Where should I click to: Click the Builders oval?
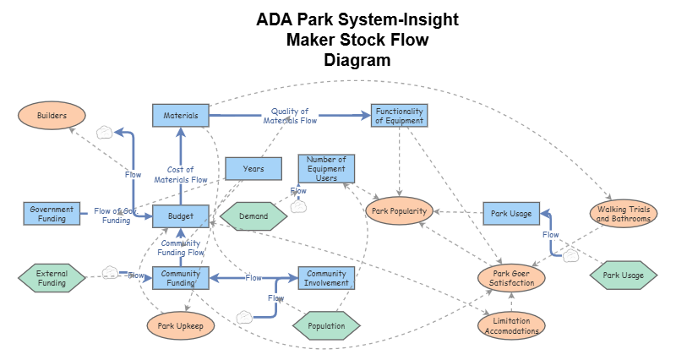coord(52,115)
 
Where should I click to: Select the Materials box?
coord(180,115)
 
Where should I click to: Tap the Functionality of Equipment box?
coord(399,116)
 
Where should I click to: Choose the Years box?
coord(253,169)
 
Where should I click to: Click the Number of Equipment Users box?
coord(326,167)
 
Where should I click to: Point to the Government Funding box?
coord(52,214)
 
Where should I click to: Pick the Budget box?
coord(181,216)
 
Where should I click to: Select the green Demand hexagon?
coord(253,216)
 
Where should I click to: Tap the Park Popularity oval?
coord(400,210)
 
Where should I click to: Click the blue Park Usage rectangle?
coord(510,214)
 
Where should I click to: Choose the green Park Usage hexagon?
coord(623,275)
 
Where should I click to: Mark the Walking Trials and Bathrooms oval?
coord(623,214)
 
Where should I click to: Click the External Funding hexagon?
coord(52,278)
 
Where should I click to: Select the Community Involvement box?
coord(326,279)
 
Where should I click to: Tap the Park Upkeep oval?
coord(181,325)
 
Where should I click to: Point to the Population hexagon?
coord(326,325)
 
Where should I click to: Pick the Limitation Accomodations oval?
coord(510,325)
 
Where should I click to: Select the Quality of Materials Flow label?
coord(289,116)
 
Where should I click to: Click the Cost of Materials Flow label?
coord(181,174)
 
